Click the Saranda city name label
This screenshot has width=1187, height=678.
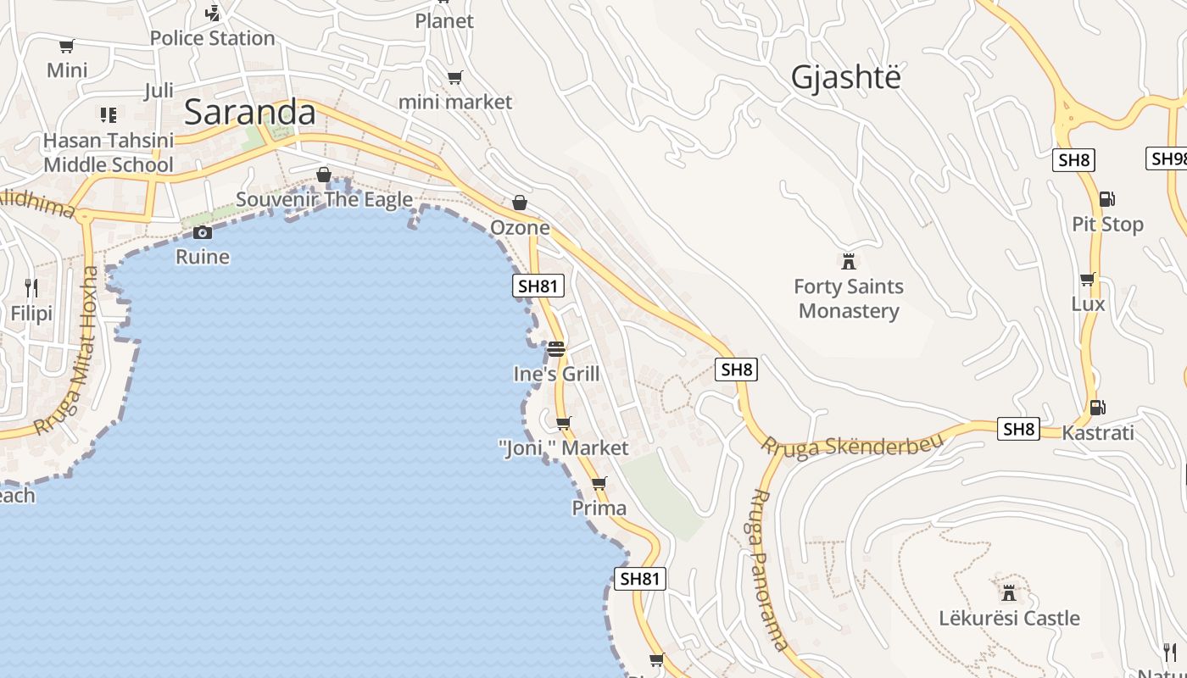pyautogui.click(x=249, y=113)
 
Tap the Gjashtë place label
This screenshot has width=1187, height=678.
pyautogui.click(x=845, y=77)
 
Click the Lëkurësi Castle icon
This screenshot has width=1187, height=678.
pyautogui.click(x=1008, y=592)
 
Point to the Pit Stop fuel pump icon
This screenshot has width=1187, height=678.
pyautogui.click(x=1106, y=199)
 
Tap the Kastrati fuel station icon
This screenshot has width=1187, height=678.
pyautogui.click(x=1097, y=408)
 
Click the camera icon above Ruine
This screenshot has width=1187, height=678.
pyautogui.click(x=202, y=232)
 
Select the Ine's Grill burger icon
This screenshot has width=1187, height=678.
pyautogui.click(x=556, y=348)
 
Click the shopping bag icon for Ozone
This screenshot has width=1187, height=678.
pyautogui.click(x=520, y=203)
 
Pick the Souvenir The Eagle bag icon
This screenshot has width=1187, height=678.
pyautogui.click(x=323, y=175)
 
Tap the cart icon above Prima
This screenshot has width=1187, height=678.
pyautogui.click(x=599, y=483)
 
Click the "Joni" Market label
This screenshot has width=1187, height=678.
pyautogui.click(x=564, y=448)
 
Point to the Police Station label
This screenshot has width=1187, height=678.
pyautogui.click(x=212, y=38)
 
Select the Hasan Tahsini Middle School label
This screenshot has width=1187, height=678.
pyautogui.click(x=109, y=153)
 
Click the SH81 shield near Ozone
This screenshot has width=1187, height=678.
pyautogui.click(x=538, y=286)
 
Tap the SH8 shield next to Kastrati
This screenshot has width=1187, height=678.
pyautogui.click(x=1018, y=429)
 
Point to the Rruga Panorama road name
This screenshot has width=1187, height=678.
pyautogui.click(x=769, y=569)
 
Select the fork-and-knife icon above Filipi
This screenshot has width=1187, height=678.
pyautogui.click(x=31, y=288)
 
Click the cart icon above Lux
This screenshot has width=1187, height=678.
pyautogui.click(x=1088, y=279)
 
